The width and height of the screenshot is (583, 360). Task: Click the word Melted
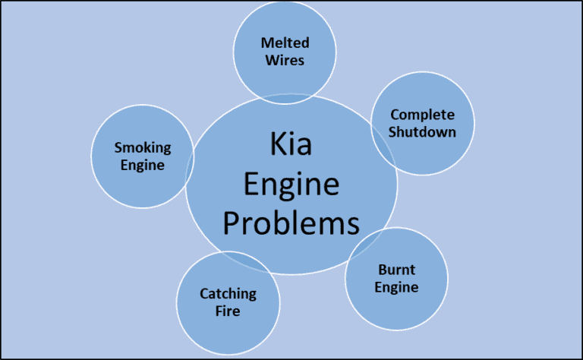pos(285,43)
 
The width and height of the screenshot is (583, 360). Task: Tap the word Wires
pos(285,59)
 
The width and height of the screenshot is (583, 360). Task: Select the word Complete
pos(422,115)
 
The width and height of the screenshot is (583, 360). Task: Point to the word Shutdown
pos(422,131)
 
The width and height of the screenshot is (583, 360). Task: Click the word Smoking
pos(143,147)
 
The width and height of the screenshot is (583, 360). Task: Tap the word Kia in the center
pos(291,145)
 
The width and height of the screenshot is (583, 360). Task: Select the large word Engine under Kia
pos(291,185)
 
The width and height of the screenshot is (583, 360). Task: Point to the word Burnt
pos(396,270)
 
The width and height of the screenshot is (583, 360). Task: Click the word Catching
pos(228,292)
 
